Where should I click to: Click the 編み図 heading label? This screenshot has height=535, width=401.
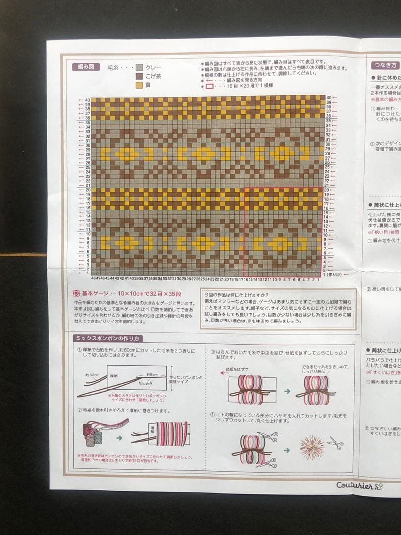(x=84, y=66)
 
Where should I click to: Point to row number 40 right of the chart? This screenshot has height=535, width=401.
(x=328, y=98)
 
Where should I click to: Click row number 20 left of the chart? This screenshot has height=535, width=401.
(x=88, y=190)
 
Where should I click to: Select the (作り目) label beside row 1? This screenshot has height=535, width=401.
(x=333, y=274)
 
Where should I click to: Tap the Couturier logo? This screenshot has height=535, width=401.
(x=359, y=485)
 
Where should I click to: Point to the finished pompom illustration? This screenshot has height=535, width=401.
(x=312, y=447)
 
